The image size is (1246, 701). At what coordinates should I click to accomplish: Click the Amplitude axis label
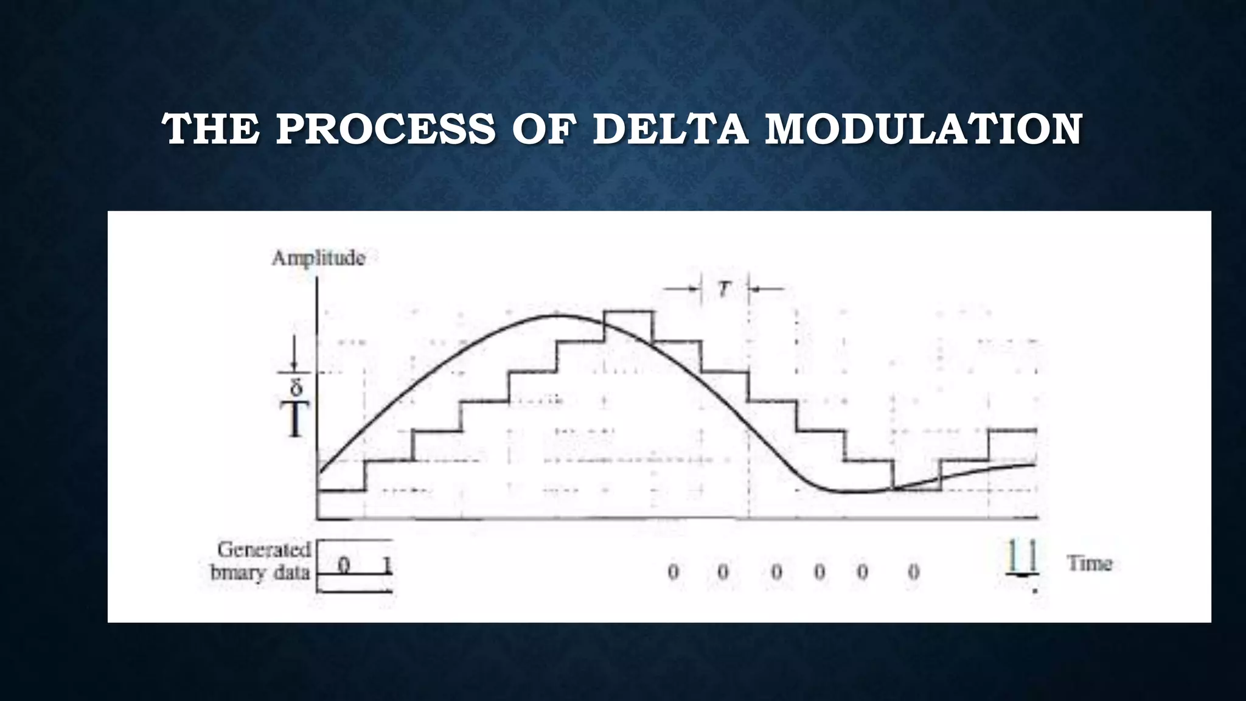pos(318,259)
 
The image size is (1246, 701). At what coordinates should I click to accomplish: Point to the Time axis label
pos(1090,563)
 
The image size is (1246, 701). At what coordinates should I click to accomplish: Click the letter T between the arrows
pos(723,290)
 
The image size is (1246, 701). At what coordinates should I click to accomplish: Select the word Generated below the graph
pos(264,550)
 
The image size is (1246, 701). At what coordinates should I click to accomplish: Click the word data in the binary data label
pos(294,573)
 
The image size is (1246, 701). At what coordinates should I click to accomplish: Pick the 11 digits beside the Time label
pos(1022,557)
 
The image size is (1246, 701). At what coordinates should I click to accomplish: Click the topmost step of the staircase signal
pos(628,312)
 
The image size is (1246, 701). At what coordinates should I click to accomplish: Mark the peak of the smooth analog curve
pos(557,315)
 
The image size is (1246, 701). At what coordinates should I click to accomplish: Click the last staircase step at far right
pos(1012,431)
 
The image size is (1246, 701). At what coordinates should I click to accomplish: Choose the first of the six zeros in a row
pos(673,572)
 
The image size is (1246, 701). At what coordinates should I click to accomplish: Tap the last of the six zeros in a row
pos(913,572)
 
